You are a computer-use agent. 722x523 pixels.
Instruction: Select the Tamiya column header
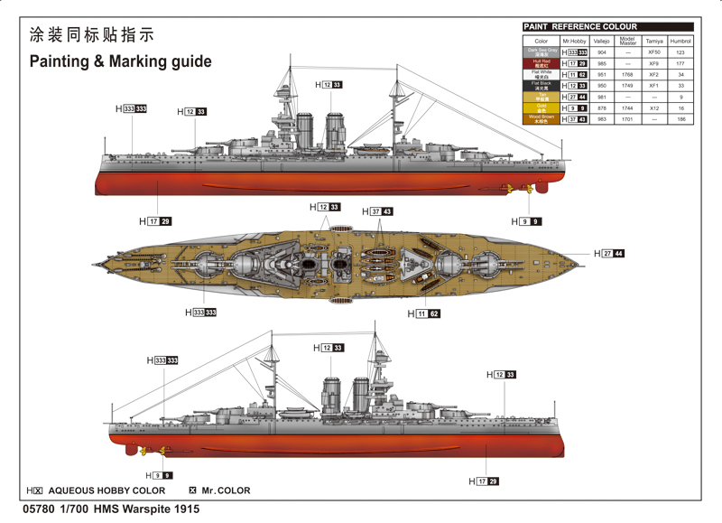point(654,41)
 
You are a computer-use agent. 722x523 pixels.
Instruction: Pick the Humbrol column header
point(681,41)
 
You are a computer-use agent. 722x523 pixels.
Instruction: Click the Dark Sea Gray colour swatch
point(541,52)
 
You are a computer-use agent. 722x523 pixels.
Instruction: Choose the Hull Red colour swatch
point(541,64)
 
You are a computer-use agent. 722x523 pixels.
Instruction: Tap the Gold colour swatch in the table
point(541,107)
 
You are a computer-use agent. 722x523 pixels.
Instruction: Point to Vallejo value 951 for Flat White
point(602,75)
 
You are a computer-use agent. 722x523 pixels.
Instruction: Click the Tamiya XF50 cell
point(654,52)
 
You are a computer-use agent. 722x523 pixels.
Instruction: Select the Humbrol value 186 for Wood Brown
point(681,119)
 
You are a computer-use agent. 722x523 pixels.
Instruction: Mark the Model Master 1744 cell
point(627,107)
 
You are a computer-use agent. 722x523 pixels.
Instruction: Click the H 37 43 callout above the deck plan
point(377,211)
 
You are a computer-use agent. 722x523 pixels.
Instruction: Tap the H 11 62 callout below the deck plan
point(423,313)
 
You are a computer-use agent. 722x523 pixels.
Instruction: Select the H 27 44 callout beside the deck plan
point(609,254)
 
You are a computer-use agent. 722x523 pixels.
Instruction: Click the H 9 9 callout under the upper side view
point(527,221)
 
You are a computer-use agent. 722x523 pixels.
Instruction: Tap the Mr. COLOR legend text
point(226,490)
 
